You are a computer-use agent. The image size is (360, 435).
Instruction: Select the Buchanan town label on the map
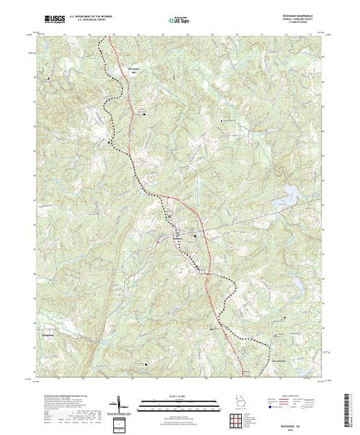[178, 239]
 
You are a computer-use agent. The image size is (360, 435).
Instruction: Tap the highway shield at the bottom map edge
[245, 374]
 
